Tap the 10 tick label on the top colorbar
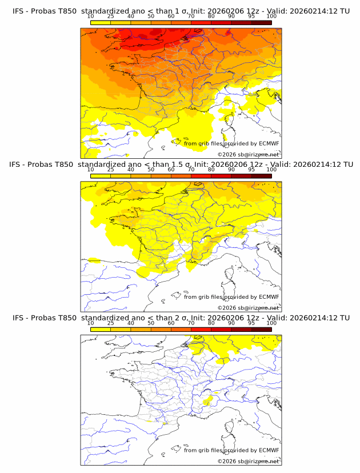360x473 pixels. (91, 16)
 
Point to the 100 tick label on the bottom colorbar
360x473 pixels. (271, 323)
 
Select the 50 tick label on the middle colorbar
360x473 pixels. (151, 170)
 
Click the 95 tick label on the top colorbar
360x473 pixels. (251, 16)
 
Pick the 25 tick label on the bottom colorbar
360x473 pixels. (111, 323)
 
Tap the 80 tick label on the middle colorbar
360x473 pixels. (211, 170)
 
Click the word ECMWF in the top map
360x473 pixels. (269, 143)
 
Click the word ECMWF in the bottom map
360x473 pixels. (269, 450)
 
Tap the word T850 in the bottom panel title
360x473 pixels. (66, 318)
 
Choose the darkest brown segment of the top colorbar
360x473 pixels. (261, 22)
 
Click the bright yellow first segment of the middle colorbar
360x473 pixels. (101, 175)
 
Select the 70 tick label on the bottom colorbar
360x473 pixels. (191, 323)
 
